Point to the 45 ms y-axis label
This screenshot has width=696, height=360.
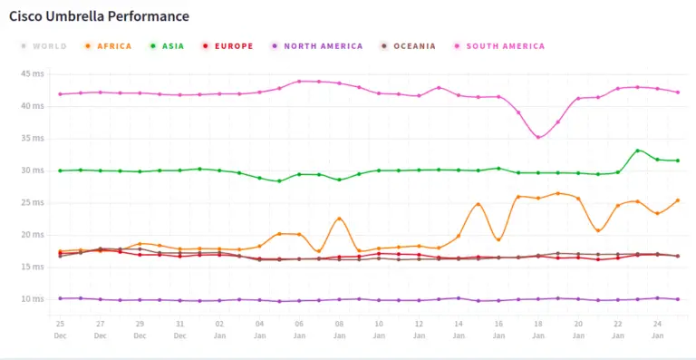[x=33, y=74]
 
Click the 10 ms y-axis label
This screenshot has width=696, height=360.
[x=33, y=299]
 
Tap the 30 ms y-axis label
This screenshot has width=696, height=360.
[x=33, y=170]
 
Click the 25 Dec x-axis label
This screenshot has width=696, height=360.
[x=60, y=328]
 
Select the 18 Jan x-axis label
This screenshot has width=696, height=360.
[x=538, y=328]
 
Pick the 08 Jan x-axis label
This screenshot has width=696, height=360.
[x=339, y=328]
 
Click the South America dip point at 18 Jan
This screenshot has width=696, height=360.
[x=538, y=137]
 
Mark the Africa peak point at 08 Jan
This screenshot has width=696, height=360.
[x=339, y=219]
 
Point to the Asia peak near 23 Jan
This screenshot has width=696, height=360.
[x=638, y=151]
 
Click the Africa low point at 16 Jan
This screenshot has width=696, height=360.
[x=498, y=239]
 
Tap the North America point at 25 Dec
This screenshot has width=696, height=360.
[x=60, y=298]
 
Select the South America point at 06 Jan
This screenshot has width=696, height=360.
[x=299, y=82]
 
